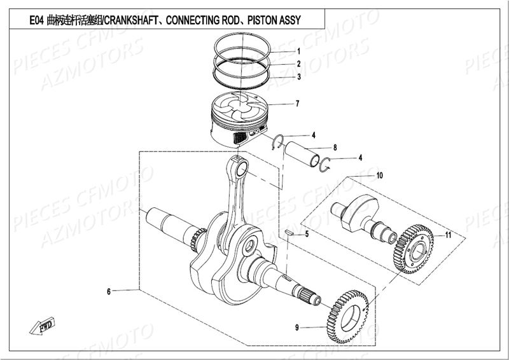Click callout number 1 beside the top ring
[298, 51]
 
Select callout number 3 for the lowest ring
[298, 77]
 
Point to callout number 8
[335, 148]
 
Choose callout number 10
[379, 175]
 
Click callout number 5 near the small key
[306, 235]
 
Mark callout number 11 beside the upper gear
[448, 235]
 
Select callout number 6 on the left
[109, 291]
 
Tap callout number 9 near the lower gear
[296, 328]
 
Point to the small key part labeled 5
[289, 233]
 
